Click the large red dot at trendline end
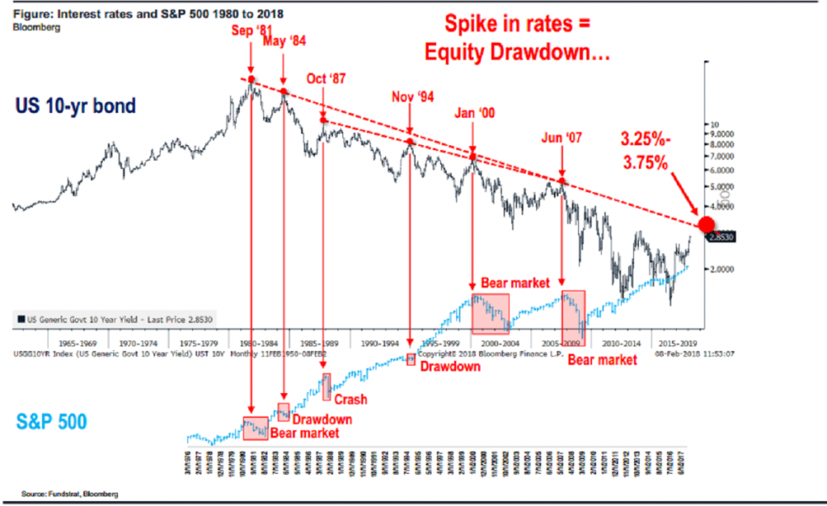click(x=707, y=225)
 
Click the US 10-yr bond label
click(x=74, y=106)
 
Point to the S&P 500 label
click(x=52, y=421)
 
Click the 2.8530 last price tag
click(x=720, y=237)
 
